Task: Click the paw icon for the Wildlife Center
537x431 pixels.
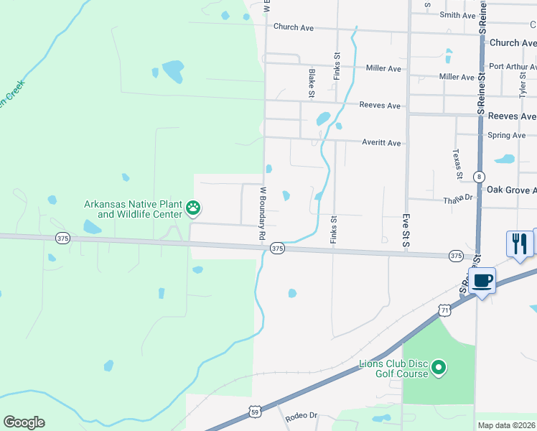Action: pos(193,209)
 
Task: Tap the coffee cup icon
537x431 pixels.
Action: pos(482,280)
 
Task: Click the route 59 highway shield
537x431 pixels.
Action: pos(254,411)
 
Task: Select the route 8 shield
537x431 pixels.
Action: pos(479,177)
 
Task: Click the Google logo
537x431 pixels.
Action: pos(24,422)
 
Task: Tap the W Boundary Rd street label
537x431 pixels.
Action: pos(263,214)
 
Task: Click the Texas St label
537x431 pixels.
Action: pos(456,164)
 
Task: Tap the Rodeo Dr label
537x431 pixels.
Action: pos(301,416)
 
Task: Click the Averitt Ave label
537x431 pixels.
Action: pos(381,143)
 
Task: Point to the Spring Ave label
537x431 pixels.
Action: pos(506,135)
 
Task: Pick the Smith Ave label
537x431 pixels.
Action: pos(458,15)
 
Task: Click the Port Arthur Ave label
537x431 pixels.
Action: pos(511,67)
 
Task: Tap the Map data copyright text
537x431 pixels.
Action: pos(507,425)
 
